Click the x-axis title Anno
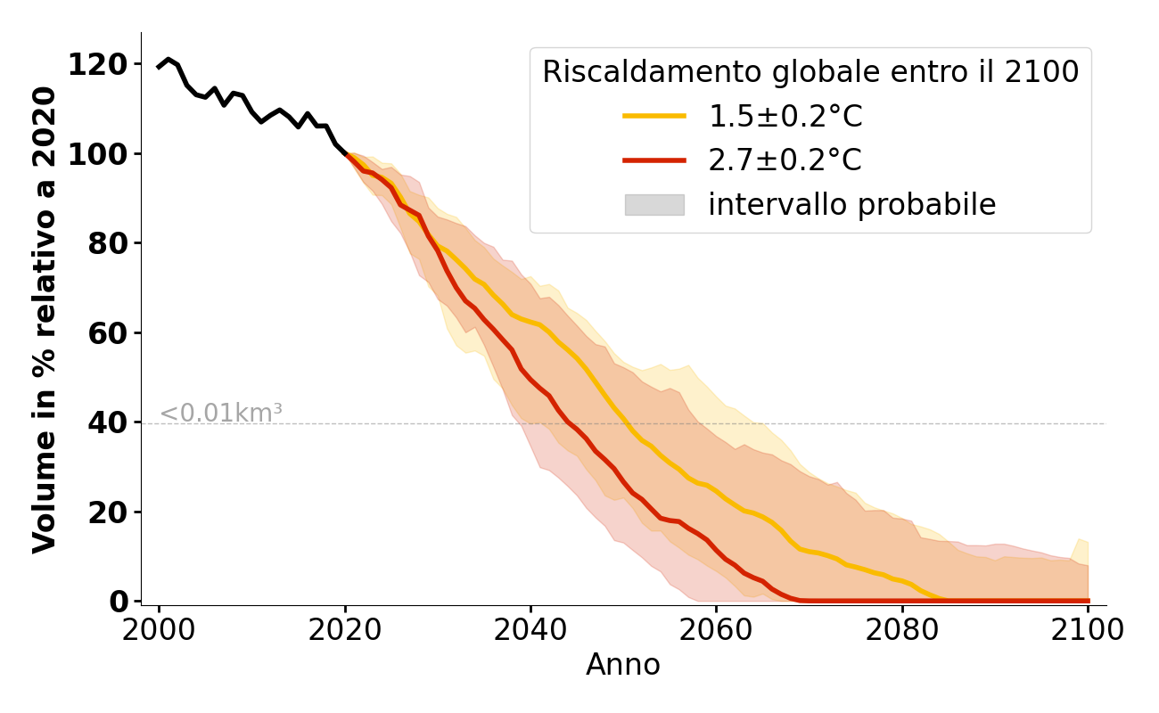click(623, 666)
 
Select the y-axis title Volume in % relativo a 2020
click(45, 319)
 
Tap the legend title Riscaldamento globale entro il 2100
click(810, 72)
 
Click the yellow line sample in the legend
click(654, 116)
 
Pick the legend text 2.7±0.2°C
click(785, 160)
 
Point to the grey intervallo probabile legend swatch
click(654, 205)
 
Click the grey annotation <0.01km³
click(221, 414)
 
